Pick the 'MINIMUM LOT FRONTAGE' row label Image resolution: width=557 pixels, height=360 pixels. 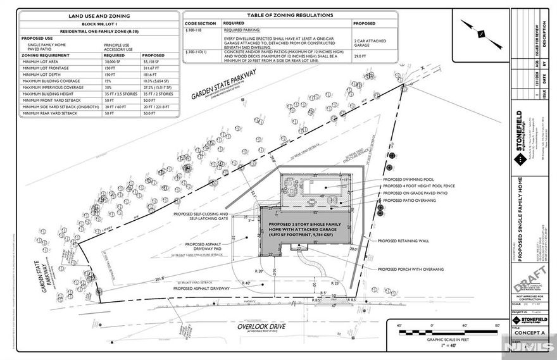click(x=47, y=68)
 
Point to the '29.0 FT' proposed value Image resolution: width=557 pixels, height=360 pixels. click(x=361, y=57)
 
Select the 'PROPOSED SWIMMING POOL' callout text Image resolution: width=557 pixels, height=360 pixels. click(x=410, y=180)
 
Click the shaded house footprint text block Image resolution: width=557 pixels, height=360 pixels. click(x=300, y=229)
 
